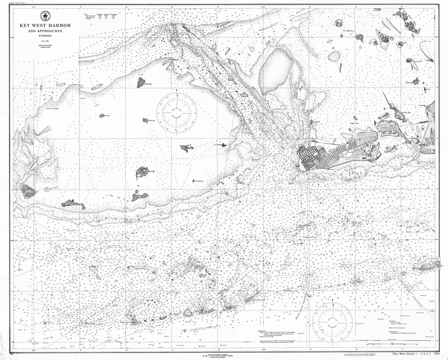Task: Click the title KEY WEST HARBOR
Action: [x=45, y=26]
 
